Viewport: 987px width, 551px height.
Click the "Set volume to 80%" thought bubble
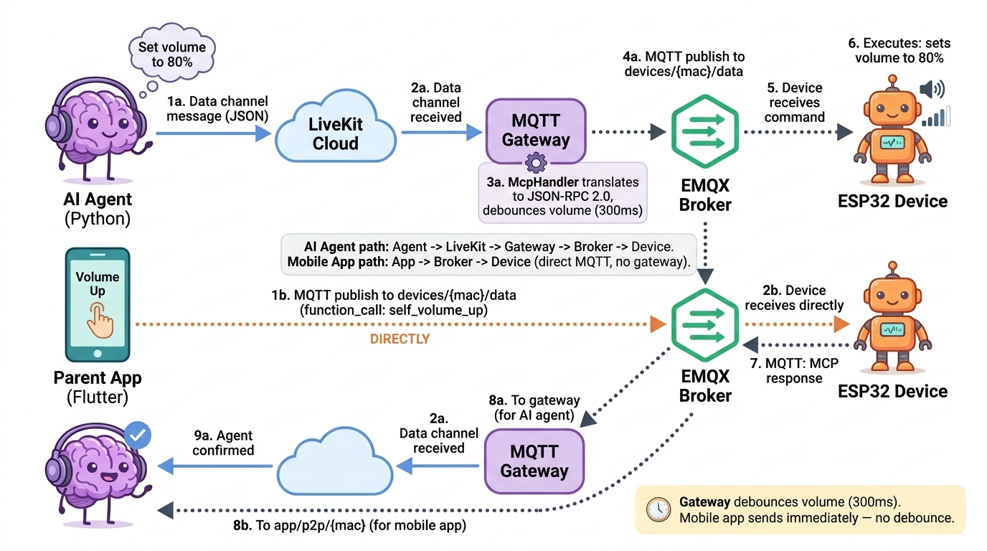pyautogui.click(x=171, y=55)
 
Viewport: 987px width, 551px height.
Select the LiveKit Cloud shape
pyautogui.click(x=335, y=133)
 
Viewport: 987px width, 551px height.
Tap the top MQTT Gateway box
pyautogui.click(x=535, y=130)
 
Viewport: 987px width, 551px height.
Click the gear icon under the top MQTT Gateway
pyautogui.click(x=536, y=163)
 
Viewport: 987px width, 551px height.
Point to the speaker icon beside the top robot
pyautogui.click(x=932, y=89)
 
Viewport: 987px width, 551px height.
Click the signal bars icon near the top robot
pyautogui.click(x=937, y=116)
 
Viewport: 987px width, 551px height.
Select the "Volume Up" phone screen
pyautogui.click(x=98, y=304)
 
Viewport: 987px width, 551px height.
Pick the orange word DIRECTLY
pyautogui.click(x=400, y=339)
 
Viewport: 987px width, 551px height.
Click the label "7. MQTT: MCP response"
pyautogui.click(x=794, y=370)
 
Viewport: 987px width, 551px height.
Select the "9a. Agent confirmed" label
pyautogui.click(x=224, y=443)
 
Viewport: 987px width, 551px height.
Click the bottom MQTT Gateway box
pyautogui.click(x=534, y=461)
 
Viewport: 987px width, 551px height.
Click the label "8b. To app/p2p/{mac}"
pyautogui.click(x=349, y=525)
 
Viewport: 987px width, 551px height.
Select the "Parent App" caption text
pyautogui.click(x=98, y=378)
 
